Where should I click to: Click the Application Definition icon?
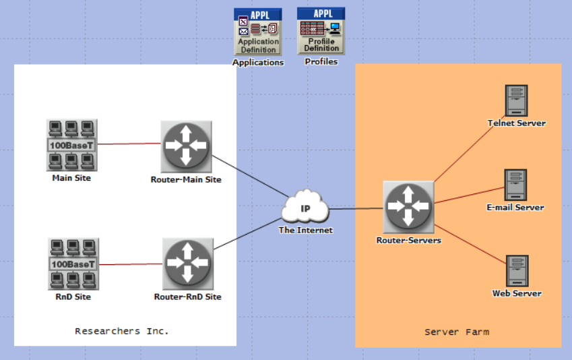point(257,32)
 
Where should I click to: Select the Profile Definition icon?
point(321,31)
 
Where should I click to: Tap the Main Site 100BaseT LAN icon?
point(71,145)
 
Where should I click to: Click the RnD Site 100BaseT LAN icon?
point(73,264)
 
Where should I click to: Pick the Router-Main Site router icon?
point(187,146)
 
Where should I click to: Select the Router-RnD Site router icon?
point(187,263)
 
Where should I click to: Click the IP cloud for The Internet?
point(305,208)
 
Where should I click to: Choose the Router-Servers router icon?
point(408,206)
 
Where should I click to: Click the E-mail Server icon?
point(515,185)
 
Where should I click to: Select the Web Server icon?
point(517,271)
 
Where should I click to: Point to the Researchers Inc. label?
point(122,331)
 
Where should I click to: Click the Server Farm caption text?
point(457,332)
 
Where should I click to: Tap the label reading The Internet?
point(306,230)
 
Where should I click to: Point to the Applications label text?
point(257,63)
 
